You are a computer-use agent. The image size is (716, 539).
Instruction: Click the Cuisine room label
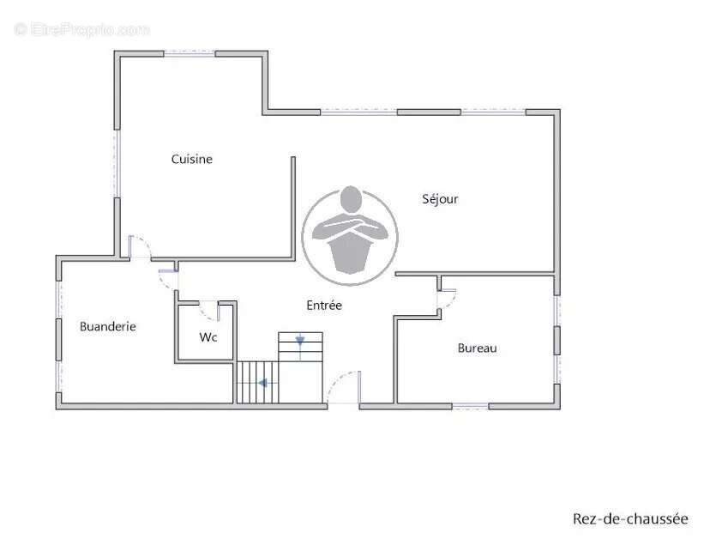click(x=192, y=159)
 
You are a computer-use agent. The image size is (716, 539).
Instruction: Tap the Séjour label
click(x=440, y=199)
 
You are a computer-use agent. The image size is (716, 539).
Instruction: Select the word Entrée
click(x=324, y=305)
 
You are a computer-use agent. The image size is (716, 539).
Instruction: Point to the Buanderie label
click(x=108, y=326)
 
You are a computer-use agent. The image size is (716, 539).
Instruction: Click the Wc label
click(x=208, y=337)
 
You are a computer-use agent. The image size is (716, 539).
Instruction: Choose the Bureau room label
click(x=477, y=348)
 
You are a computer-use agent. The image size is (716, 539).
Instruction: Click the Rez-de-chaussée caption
click(x=630, y=519)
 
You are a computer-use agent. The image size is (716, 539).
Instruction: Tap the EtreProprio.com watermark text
click(x=82, y=30)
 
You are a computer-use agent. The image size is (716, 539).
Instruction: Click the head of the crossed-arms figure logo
click(x=351, y=199)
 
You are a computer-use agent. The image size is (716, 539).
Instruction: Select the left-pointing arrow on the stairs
click(x=263, y=383)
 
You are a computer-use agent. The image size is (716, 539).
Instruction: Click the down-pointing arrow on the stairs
click(x=299, y=341)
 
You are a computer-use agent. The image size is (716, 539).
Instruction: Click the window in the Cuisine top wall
click(x=190, y=53)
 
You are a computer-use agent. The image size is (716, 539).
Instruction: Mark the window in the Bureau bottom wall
click(x=471, y=405)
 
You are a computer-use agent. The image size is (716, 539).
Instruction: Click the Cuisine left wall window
click(x=117, y=164)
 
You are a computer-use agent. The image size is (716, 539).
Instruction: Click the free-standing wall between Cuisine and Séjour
click(x=293, y=208)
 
